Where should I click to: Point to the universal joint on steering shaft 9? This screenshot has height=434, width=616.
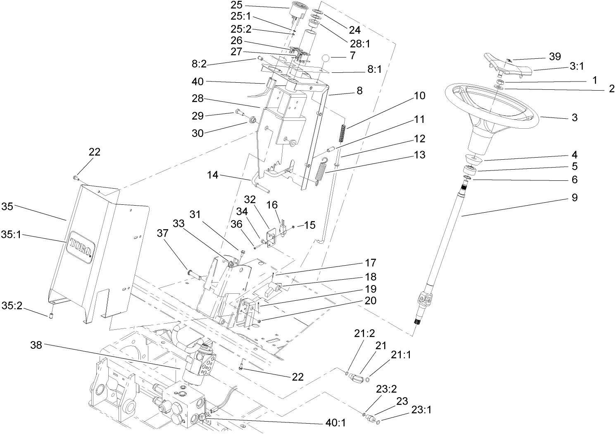[x=423, y=299]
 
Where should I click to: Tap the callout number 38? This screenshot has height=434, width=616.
[x=36, y=345]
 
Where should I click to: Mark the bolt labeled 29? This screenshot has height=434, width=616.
[x=239, y=112]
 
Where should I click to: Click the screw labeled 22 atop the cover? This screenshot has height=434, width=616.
[x=76, y=178]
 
